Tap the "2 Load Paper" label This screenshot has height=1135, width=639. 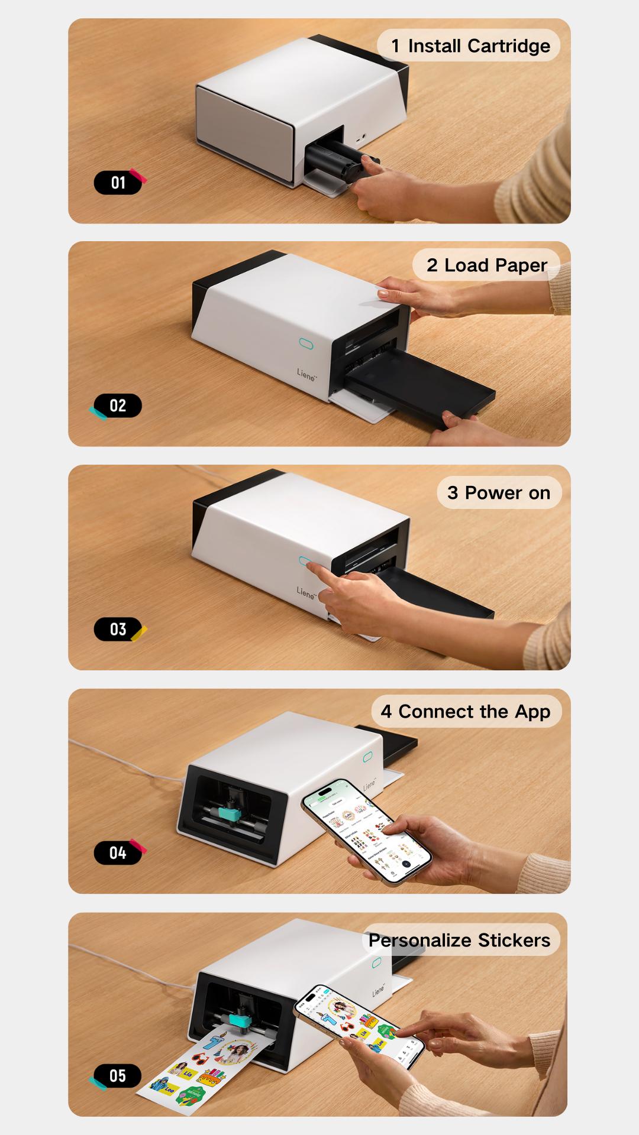[x=486, y=265]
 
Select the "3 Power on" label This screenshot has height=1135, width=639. [x=499, y=492]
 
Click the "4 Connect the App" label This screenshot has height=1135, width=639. [x=466, y=711]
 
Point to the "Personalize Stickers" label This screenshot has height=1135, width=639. [x=459, y=940]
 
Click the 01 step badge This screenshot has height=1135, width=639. [x=118, y=183]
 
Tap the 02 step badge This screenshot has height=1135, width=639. [x=118, y=406]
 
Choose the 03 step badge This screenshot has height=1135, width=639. [x=118, y=629]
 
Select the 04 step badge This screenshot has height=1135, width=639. [x=118, y=852]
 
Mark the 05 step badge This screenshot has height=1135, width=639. [x=118, y=1075]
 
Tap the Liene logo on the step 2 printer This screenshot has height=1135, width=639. [x=306, y=374]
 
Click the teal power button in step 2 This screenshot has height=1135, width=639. [x=306, y=343]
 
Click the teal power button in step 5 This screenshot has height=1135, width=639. [x=376, y=963]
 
